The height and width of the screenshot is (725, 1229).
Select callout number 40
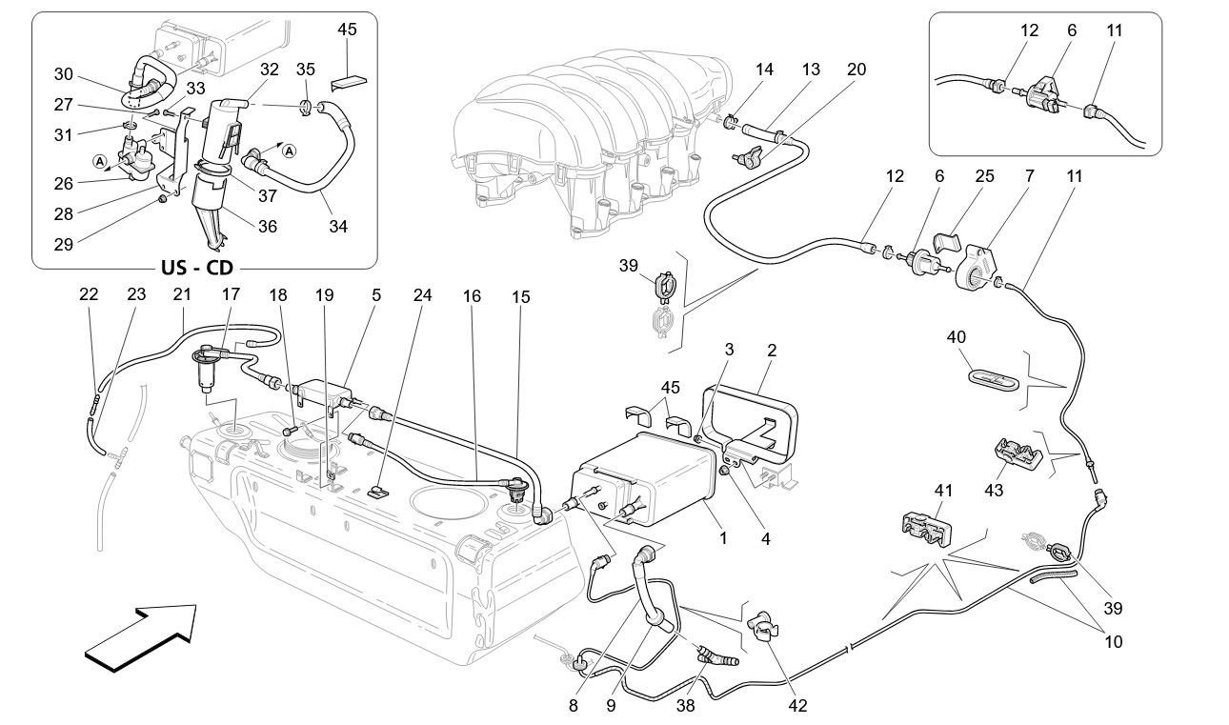(x=957, y=336)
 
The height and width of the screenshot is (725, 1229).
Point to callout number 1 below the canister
(x=723, y=538)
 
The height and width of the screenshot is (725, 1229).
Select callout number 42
(x=797, y=706)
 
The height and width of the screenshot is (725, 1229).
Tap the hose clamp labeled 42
(x=764, y=626)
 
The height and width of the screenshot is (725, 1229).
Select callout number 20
(x=856, y=70)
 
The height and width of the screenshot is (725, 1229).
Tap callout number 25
(x=984, y=176)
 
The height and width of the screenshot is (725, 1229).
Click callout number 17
(x=231, y=295)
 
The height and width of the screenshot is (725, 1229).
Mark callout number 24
(x=422, y=295)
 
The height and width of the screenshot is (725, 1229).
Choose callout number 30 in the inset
(x=63, y=74)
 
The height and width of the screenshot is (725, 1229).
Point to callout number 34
(x=337, y=227)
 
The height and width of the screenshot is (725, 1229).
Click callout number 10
(x=1113, y=642)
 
